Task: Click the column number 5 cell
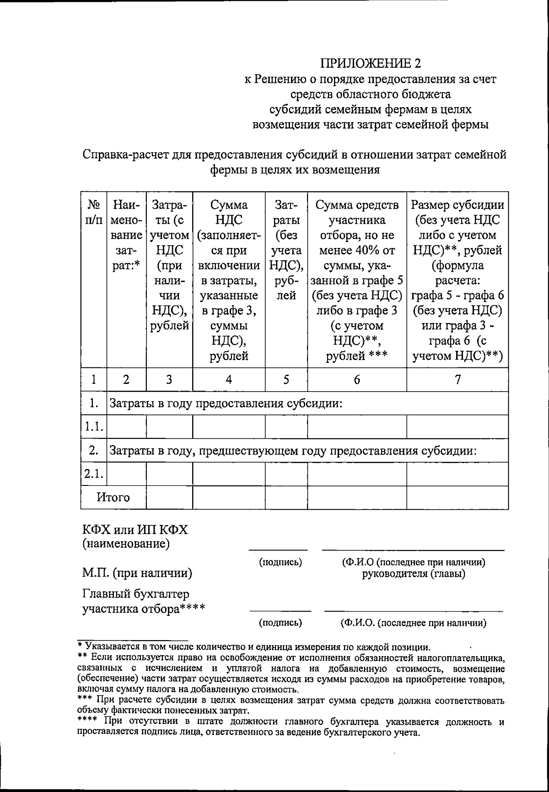tap(286, 379)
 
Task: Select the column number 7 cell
tap(457, 379)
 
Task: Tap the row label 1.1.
tap(93, 427)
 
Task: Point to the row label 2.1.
tap(93, 474)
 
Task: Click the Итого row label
tap(113, 497)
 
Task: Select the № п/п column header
tap(93, 212)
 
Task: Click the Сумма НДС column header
tap(229, 212)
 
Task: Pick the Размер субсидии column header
tap(457, 205)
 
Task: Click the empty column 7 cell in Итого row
tap(457, 497)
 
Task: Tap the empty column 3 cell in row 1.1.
tap(169, 427)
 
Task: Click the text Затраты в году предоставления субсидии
tap(225, 404)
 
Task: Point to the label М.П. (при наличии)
tap(137, 573)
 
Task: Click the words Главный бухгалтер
tap(135, 594)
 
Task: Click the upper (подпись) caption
tap(280, 562)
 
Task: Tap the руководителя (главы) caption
tap(413, 574)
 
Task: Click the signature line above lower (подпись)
tap(280, 611)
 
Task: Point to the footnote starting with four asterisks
tap(291, 727)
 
